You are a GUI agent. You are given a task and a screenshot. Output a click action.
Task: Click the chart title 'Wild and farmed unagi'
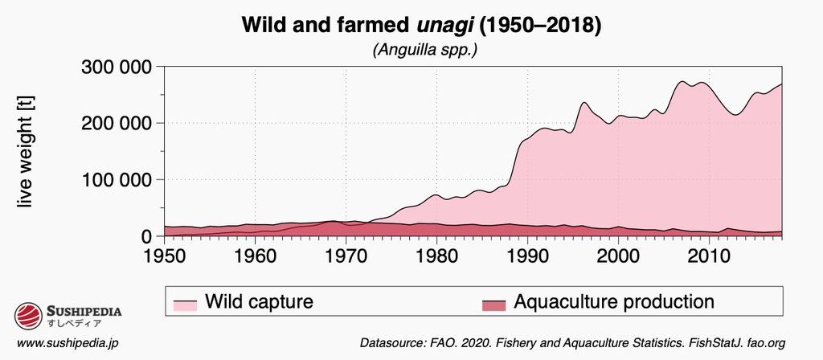(421, 25)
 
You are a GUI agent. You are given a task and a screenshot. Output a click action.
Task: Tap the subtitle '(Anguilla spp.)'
(421, 50)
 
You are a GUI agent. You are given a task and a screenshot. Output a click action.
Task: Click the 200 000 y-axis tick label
(117, 123)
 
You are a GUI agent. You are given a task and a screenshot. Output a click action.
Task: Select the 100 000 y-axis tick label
(117, 180)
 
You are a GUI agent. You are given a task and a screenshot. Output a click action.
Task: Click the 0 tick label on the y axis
(147, 236)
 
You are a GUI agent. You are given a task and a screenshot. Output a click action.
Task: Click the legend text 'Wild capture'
(258, 302)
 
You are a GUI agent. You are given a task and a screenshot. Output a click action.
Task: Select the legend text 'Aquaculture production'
(613, 302)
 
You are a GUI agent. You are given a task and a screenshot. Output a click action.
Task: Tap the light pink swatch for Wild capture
(186, 305)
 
